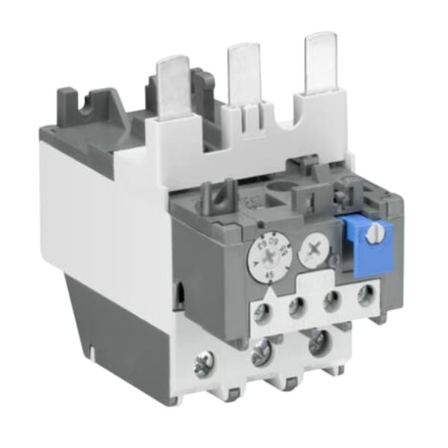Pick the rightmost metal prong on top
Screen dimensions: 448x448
click(x=319, y=60)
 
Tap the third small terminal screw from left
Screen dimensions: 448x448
click(x=332, y=299)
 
